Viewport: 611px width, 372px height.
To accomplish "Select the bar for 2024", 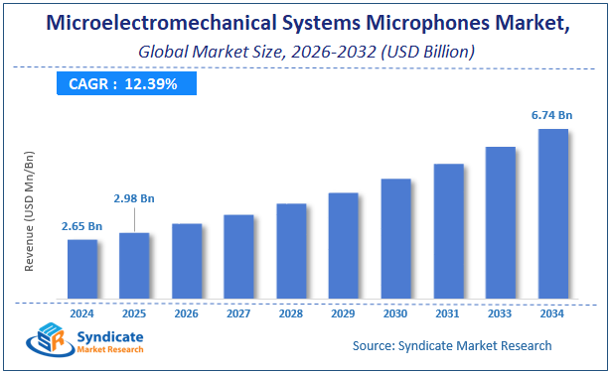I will tap(82, 269).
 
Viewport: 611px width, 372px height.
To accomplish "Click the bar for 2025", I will tap(134, 266).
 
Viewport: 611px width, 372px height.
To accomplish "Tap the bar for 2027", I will tap(238, 257).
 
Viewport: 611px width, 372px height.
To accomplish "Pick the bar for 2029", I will tap(343, 245).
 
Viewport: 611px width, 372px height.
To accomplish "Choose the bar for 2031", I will tap(448, 231).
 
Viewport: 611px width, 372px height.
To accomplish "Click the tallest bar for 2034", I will tap(552, 213).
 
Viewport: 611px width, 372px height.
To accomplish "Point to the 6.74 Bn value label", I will tap(552, 115).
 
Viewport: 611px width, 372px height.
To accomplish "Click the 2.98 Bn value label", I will tap(134, 198).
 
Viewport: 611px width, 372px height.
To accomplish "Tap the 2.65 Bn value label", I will tap(82, 225).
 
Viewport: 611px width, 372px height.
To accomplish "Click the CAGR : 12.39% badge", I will tap(123, 84).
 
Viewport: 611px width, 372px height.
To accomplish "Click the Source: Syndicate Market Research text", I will tap(452, 345).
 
